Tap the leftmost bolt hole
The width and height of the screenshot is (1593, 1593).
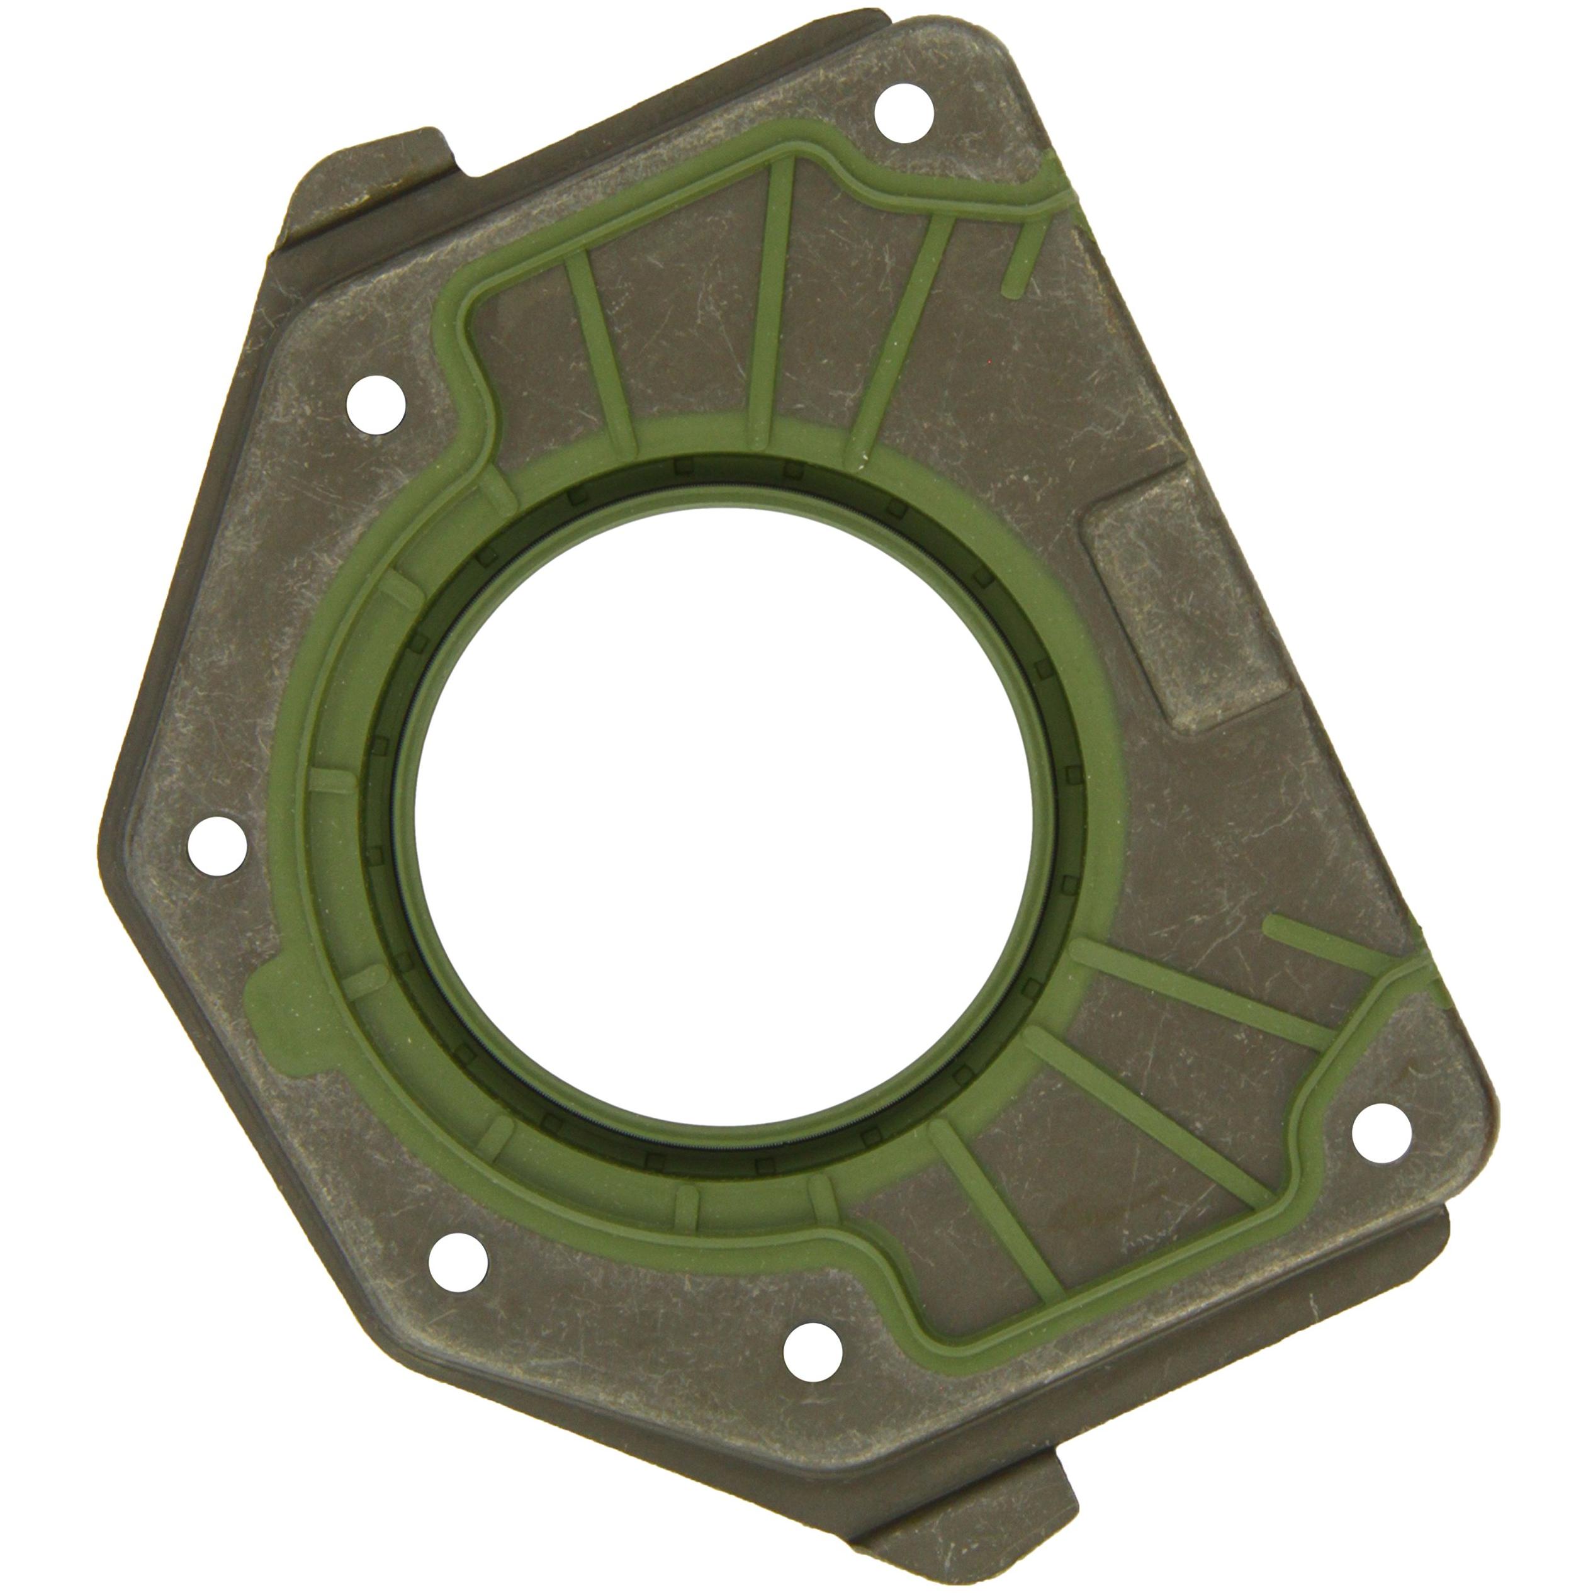coord(217,846)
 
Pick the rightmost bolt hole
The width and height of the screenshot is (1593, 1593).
coord(1381,1133)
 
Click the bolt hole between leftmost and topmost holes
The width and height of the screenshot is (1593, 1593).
coord(375,404)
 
